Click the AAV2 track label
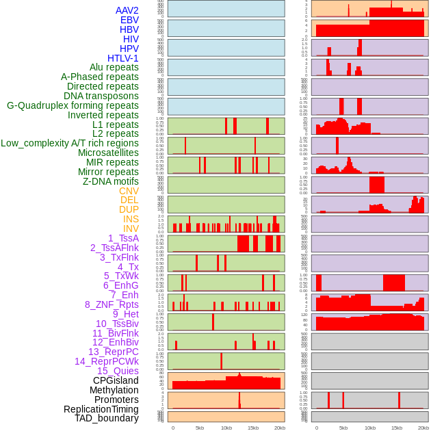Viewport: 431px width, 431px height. [x=127, y=10]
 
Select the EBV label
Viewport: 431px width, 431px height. [x=129, y=20]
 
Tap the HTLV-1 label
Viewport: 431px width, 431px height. [x=123, y=58]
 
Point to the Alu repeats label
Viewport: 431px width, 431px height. [x=114, y=67]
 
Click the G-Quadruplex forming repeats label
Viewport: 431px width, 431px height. [x=73, y=105]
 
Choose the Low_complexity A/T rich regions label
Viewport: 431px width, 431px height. [x=70, y=143]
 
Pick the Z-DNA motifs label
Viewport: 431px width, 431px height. [x=110, y=181]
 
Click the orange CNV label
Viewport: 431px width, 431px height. [x=129, y=191]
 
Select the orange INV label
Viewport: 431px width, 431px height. [x=131, y=228]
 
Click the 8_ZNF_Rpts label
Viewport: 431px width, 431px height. [x=112, y=304]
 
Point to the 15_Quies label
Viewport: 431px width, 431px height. [x=118, y=371]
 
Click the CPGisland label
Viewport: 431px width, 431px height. [x=116, y=380]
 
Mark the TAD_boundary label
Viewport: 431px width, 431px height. [x=107, y=418]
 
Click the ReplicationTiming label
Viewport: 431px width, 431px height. [x=101, y=409]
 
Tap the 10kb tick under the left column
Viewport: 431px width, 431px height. [x=226, y=428]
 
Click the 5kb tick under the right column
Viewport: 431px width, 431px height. [x=343, y=428]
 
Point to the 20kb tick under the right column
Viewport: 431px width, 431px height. [x=423, y=428]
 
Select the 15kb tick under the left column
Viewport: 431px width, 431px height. [x=253, y=428]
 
